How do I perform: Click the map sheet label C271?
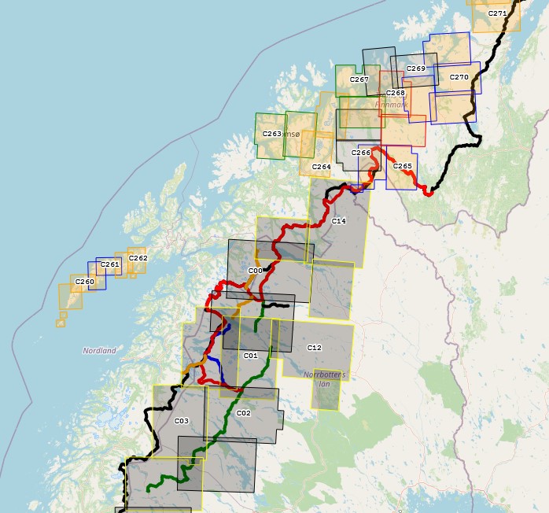tap(497, 13)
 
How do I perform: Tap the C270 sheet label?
tap(459, 77)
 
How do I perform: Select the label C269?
tap(416, 68)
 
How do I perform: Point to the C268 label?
tap(395, 93)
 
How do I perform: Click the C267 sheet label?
tap(359, 79)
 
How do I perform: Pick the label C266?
tap(360, 153)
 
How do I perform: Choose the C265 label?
tap(402, 166)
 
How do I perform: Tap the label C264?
tap(321, 167)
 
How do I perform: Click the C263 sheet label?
tap(271, 134)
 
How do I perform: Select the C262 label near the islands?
tap(138, 258)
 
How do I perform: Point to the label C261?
tap(110, 264)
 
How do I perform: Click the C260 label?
tap(85, 282)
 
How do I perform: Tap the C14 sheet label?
tap(339, 221)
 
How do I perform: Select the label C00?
tap(255, 271)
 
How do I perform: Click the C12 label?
tap(315, 347)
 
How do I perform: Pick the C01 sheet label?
tap(250, 356)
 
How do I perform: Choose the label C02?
tap(243, 413)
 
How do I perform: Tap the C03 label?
tap(181, 421)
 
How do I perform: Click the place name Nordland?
tap(99, 350)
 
